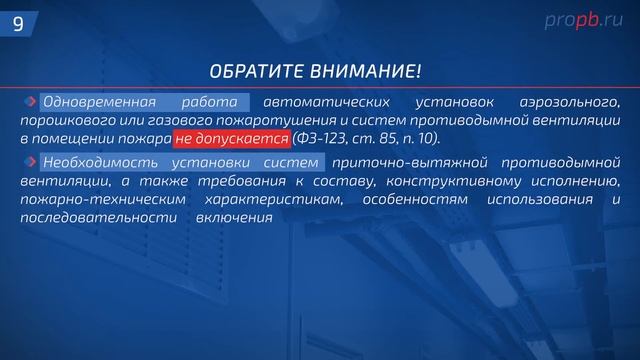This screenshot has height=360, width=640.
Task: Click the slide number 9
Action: click(x=18, y=23)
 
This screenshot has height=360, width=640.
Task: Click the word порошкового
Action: click(x=66, y=120)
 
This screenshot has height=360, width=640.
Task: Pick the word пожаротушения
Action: click(x=254, y=120)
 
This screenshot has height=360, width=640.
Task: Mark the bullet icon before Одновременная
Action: click(x=33, y=102)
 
